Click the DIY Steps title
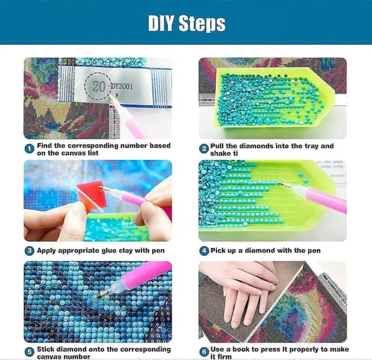(187, 24)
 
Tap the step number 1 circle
(29, 149)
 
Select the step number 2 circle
(204, 149)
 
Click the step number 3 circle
(29, 251)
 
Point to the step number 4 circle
(204, 251)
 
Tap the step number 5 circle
(29, 352)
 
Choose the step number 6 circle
(204, 352)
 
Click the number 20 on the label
(99, 86)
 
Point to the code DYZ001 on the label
(122, 86)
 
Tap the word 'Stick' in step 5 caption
(46, 349)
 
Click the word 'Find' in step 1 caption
(45, 146)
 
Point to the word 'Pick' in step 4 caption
(218, 250)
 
